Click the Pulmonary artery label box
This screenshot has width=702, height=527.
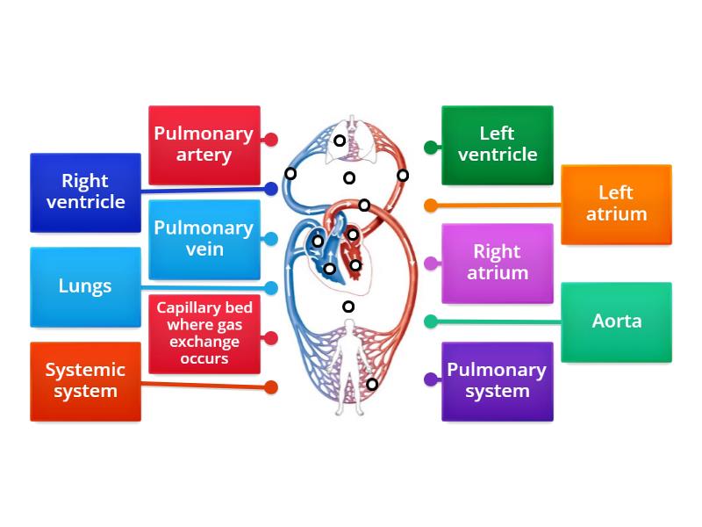coord(204,145)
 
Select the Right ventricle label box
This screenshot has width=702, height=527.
coord(85,192)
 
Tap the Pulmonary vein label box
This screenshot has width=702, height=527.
coord(204,239)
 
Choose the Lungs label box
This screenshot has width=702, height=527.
coord(85,286)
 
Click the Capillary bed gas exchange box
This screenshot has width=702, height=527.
coord(204,333)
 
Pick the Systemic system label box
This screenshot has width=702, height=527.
coord(85,381)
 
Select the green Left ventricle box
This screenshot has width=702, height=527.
coord(497,145)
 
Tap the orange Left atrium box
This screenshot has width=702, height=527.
coord(616,204)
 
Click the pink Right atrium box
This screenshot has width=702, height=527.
coord(497,263)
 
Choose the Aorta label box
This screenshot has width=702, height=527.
coord(616,321)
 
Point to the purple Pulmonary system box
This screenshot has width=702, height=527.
coord(497,381)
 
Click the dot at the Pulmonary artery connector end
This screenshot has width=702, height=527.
coord(271,140)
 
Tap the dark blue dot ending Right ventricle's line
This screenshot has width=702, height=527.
coord(271,189)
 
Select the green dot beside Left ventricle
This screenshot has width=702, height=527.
coord(431,148)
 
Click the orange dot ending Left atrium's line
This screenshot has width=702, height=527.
coord(431,206)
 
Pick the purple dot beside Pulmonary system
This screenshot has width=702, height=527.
coord(431,379)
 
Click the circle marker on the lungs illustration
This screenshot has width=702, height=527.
coord(340,141)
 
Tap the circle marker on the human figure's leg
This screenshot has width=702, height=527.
coord(372,384)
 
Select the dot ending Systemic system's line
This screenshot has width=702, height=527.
coord(271,386)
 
